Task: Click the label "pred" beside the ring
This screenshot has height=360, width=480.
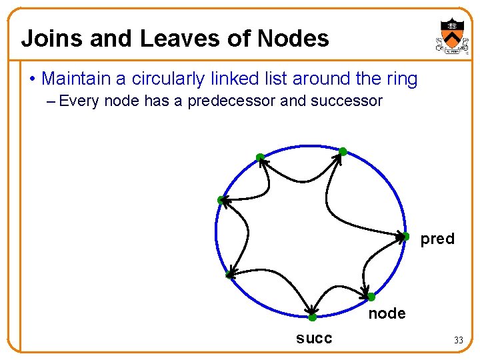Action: pos(437,239)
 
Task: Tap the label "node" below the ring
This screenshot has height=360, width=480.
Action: pos(387,313)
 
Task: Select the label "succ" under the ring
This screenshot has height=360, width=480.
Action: pos(314,338)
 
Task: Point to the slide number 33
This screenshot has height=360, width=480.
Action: pos(458,340)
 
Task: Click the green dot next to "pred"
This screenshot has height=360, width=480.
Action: pos(405,236)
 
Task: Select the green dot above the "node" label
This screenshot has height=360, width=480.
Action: pos(371,297)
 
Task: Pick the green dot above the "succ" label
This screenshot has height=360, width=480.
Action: pos(312,317)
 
